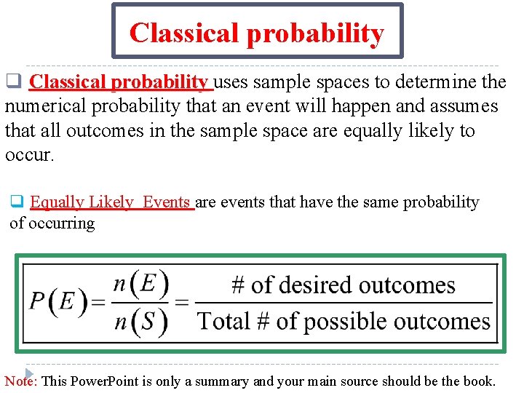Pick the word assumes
[x=461, y=106]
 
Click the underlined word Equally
[x=56, y=202]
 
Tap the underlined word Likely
[x=110, y=202]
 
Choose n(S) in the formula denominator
[x=142, y=321]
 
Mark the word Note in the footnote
[x=20, y=381]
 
